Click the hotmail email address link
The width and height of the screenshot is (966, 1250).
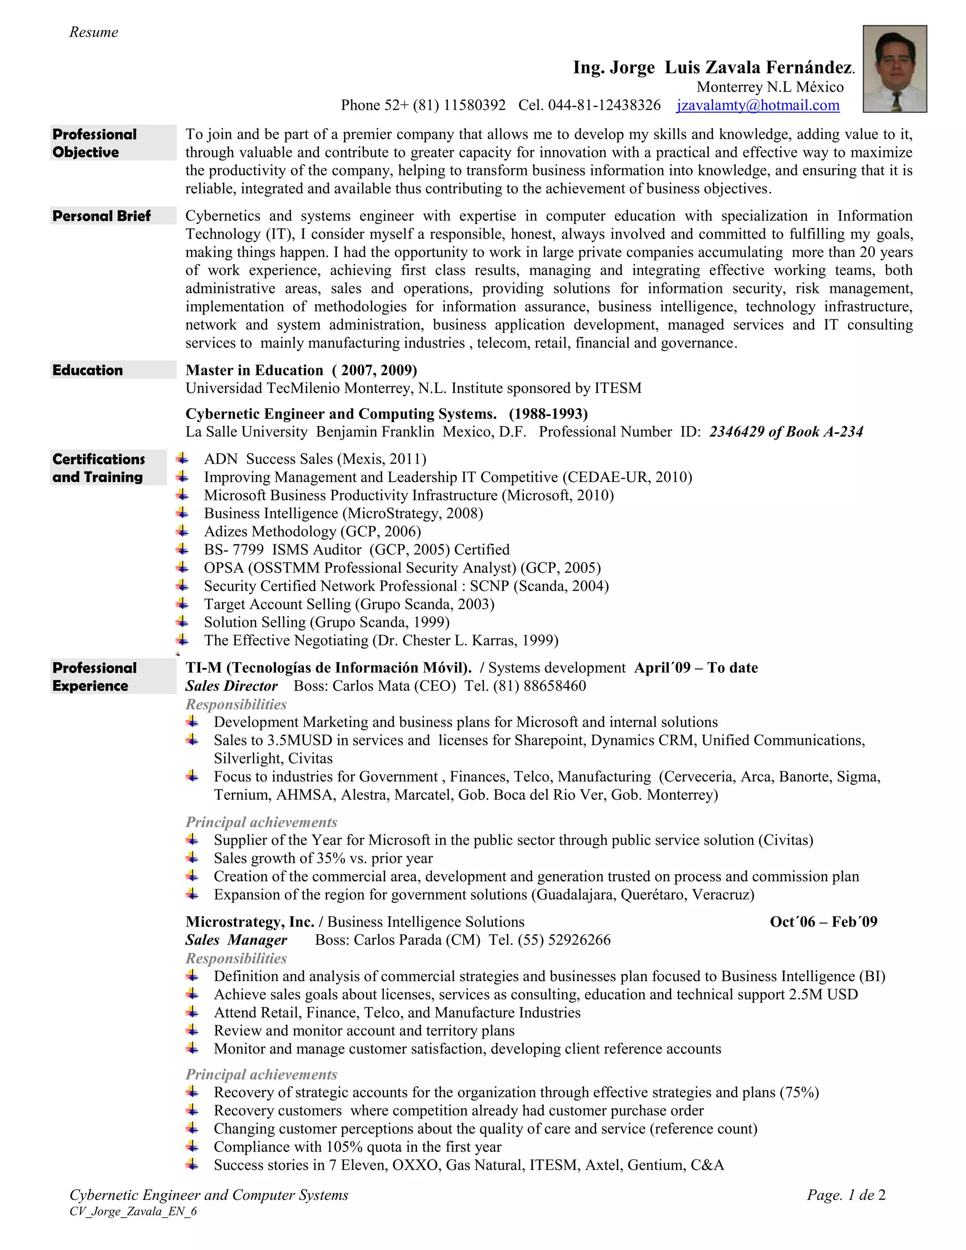point(758,105)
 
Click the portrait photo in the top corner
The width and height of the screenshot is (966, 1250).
point(894,69)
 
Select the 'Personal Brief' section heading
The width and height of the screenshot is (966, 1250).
point(102,216)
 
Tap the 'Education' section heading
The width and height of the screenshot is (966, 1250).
point(88,370)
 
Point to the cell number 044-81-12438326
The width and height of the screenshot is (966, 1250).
point(604,105)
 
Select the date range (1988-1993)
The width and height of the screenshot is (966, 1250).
point(548,414)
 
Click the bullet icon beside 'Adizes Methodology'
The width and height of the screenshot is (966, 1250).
point(182,531)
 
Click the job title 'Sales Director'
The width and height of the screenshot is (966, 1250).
point(231,686)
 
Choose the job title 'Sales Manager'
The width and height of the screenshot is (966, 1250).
point(236,940)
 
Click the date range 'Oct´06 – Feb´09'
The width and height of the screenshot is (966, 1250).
point(823,922)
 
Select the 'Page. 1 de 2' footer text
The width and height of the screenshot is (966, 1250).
point(846,1195)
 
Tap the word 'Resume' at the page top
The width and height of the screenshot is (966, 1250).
point(94,32)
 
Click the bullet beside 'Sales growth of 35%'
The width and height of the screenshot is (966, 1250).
point(192,858)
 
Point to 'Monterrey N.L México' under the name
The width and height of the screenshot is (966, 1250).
point(770,87)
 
